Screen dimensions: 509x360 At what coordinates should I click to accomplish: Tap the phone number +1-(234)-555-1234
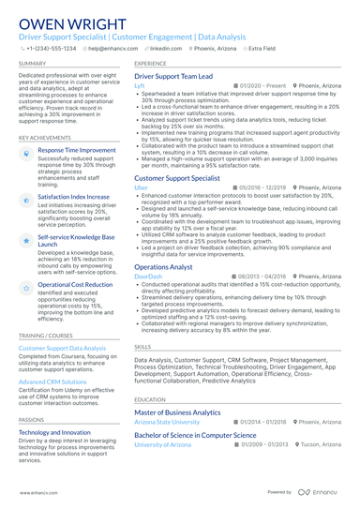pos(50,46)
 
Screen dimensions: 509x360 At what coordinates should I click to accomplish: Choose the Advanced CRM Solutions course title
pos(52,382)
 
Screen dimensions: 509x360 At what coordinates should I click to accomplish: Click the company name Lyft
pos(140,85)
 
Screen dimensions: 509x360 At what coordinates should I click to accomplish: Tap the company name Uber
pos(141,187)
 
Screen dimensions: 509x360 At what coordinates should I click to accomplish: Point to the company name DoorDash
pos(148,277)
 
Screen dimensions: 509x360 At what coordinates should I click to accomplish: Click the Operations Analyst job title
pos(164,267)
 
